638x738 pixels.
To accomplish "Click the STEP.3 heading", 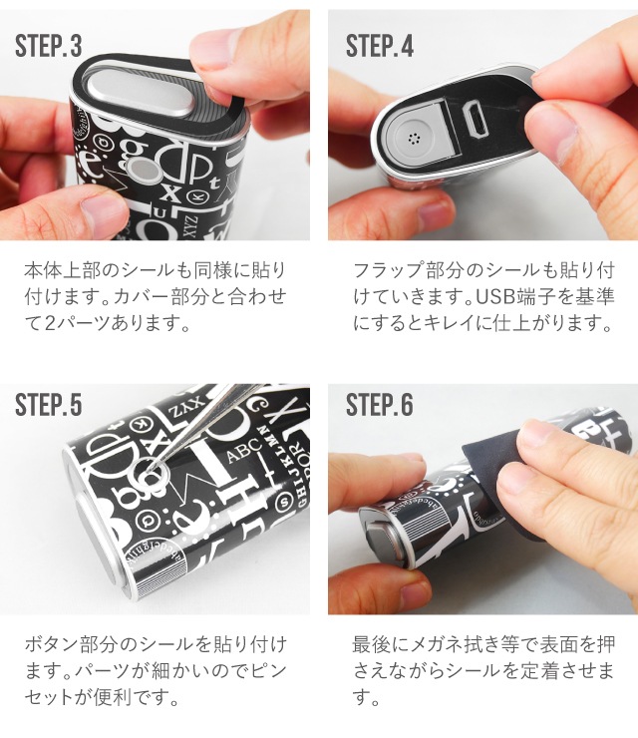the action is [49, 46].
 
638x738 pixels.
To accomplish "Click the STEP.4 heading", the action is [380, 46].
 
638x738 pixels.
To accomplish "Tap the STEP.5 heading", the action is [49, 405].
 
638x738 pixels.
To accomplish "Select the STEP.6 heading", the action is [380, 405].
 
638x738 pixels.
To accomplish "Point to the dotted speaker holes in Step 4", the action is [414, 139].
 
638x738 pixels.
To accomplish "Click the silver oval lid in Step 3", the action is [136, 92].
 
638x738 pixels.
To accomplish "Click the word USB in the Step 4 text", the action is [493, 296].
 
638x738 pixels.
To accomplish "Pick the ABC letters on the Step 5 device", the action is [244, 450].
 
